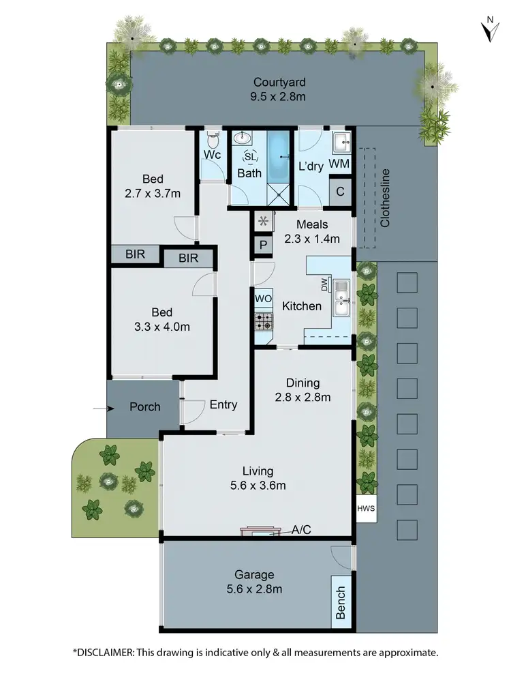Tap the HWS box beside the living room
click(365, 509)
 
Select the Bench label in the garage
click(341, 602)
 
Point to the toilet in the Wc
click(213, 141)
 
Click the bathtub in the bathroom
click(279, 155)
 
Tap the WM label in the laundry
click(339, 164)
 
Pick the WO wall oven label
click(263, 299)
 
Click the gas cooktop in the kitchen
click(263, 321)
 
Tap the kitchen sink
click(342, 298)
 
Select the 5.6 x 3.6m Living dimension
click(258, 486)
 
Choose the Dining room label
click(303, 383)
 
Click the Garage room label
click(254, 575)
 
